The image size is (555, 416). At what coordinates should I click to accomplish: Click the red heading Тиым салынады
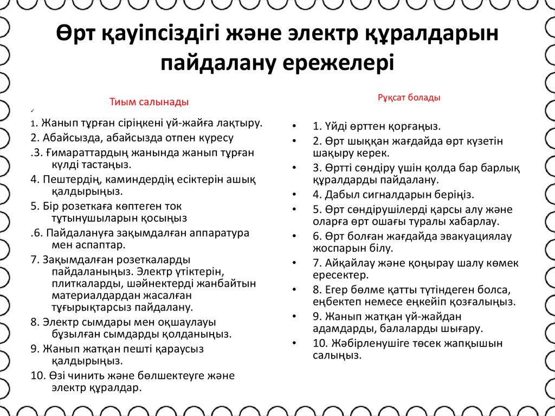click(x=149, y=101)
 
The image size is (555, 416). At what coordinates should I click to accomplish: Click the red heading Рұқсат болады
click(x=409, y=98)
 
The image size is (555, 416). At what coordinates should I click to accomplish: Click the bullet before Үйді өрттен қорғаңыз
click(x=293, y=127)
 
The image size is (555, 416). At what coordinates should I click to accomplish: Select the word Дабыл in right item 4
click(x=339, y=194)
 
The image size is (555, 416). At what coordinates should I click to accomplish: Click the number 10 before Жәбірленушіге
click(x=319, y=343)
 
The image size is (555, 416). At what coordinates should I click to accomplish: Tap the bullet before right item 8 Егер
click(x=293, y=290)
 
